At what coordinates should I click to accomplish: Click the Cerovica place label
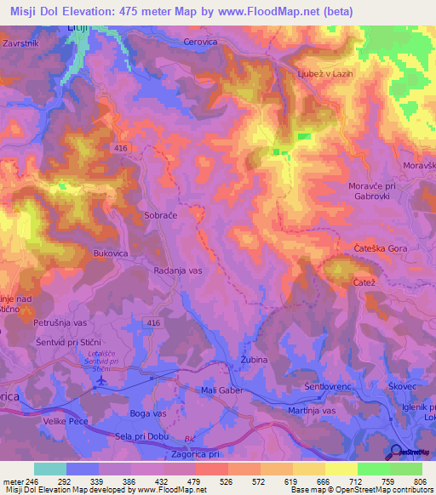coord(202,41)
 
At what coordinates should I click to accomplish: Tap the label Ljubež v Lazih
coord(324,73)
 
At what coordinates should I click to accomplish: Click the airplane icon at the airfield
coord(103,380)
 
